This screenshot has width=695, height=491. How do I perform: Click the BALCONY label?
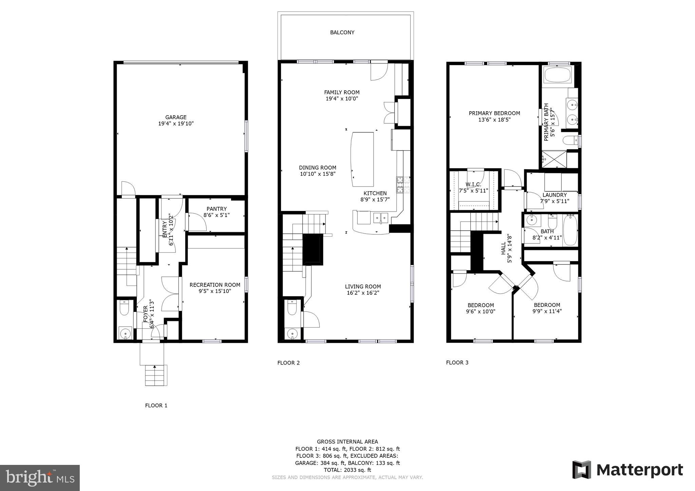tap(342, 33)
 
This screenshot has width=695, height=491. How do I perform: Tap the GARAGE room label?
tap(176, 117)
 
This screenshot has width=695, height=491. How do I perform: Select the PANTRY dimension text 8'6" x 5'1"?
tap(217, 215)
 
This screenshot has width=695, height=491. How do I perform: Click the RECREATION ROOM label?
tap(215, 285)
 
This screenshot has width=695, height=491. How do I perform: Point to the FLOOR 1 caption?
tap(156, 406)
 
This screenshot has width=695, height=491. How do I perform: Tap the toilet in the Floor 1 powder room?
tap(124, 308)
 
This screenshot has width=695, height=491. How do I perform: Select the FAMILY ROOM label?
tap(342, 92)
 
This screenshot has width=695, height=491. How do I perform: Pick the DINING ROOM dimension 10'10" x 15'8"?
tap(318, 174)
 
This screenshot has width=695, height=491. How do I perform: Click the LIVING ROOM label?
tap(363, 287)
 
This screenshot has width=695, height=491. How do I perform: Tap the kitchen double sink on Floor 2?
tap(381, 217)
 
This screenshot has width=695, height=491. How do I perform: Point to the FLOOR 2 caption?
tap(288, 363)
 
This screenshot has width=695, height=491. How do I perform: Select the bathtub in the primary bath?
tap(558, 75)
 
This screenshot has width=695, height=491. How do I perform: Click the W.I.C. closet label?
tap(473, 184)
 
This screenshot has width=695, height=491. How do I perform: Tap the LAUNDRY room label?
tap(555, 195)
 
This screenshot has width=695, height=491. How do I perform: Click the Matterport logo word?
tap(639, 470)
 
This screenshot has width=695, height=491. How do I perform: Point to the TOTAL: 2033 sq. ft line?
tap(347, 470)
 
